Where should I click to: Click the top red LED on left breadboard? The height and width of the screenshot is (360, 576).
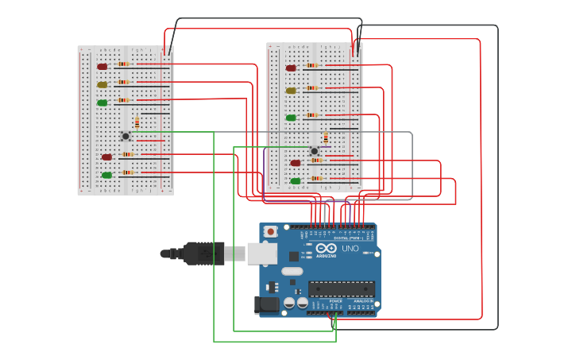102,67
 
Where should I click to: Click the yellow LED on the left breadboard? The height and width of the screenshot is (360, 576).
102,84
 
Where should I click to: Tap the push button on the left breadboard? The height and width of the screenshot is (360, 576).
126,137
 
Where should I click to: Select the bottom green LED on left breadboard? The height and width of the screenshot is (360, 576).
106,175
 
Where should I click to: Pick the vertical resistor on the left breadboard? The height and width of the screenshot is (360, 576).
137,122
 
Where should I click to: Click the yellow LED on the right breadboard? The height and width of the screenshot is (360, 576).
291,91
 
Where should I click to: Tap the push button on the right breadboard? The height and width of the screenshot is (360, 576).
315,151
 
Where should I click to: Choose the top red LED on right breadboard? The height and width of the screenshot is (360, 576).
291,68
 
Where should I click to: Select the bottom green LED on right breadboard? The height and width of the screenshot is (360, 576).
296,181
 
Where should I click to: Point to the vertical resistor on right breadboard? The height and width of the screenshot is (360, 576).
326,137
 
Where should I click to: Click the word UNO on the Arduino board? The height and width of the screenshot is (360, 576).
350,249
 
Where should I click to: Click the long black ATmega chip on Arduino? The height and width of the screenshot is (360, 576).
341,289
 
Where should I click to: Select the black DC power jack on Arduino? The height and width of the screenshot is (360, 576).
265,305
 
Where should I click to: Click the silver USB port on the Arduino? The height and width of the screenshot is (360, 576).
261,254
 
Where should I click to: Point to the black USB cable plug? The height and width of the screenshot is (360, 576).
202,254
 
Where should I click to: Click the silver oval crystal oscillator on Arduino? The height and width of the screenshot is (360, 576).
292,271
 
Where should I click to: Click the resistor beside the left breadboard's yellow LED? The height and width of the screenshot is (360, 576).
123,82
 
